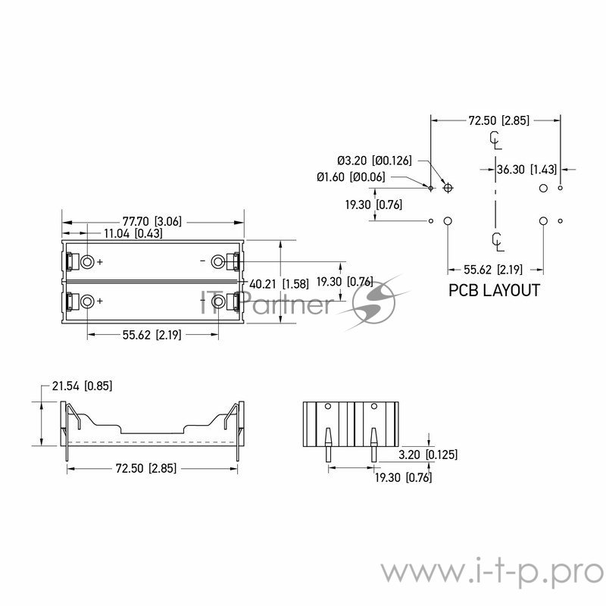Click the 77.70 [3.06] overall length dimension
coord(153,221)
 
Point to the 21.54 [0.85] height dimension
coord(82,386)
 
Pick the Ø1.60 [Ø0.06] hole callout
coord(351,177)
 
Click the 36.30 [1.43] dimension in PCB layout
coord(528,170)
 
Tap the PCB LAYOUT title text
coord(494,290)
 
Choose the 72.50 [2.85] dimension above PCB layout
coord(498,120)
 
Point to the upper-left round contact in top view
coord(87,261)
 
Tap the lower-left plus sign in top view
coord(100,301)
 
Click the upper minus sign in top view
coord(202,261)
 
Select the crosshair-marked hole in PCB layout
coord(448,187)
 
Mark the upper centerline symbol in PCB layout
coord(495,140)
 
